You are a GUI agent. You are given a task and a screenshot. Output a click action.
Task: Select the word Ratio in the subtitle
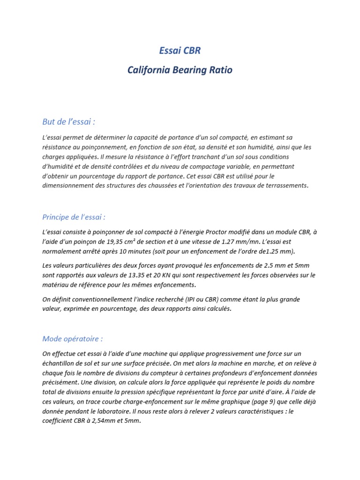click(219, 70)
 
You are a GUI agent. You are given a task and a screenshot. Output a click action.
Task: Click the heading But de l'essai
click(69, 122)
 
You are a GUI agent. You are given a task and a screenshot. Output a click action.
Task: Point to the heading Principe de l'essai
click(74, 217)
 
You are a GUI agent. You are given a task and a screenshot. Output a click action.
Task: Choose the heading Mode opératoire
click(73, 338)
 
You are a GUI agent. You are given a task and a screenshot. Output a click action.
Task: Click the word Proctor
click(215, 232)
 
